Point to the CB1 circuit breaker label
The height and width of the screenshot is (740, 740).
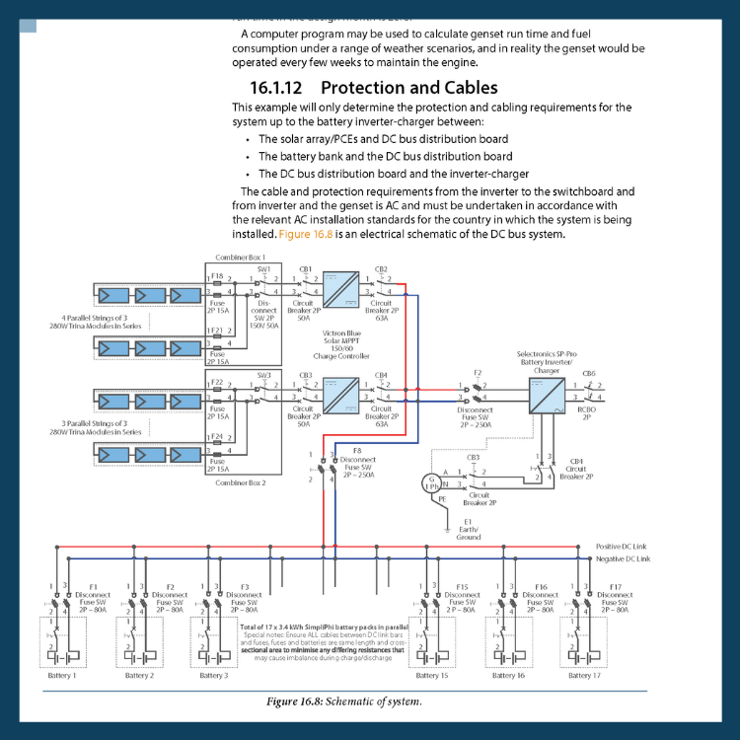pos(304,268)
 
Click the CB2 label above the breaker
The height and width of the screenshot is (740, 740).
pos(381,268)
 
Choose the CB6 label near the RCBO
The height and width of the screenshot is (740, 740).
pos(589,373)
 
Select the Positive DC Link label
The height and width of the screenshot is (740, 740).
pos(623,546)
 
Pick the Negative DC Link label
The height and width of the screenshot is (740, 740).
pos(624,559)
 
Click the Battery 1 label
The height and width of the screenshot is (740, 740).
pos(61,676)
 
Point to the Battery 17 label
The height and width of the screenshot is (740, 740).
pos(584,676)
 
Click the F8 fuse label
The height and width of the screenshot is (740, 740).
pos(356,450)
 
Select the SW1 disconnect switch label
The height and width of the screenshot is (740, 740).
pos(263,268)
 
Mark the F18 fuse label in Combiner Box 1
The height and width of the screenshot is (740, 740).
pos(217,276)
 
